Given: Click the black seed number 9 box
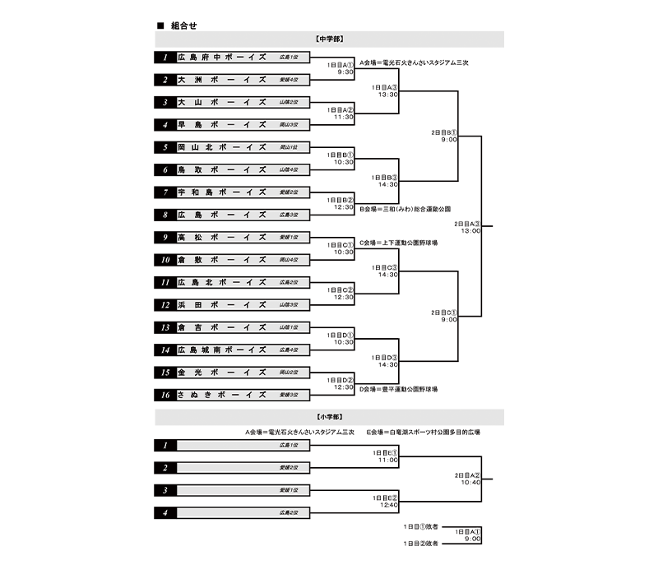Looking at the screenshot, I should (165, 237).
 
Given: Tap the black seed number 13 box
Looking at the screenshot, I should (165, 327).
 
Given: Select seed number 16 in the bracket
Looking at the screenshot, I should (165, 395).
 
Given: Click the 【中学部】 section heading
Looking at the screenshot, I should (329, 39).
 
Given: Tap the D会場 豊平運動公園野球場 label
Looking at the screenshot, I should (398, 389).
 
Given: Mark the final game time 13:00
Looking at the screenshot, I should (470, 231).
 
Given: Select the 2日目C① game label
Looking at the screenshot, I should (443, 313).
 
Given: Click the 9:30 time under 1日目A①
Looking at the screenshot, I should (345, 72).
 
